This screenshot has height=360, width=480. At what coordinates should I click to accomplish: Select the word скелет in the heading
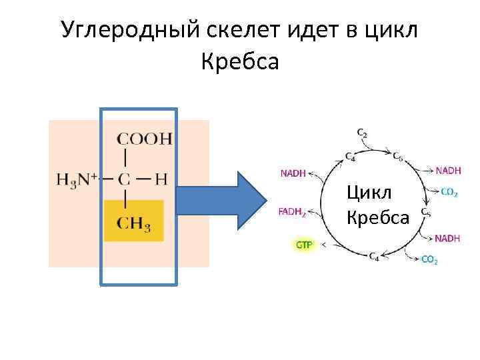tap(245, 29)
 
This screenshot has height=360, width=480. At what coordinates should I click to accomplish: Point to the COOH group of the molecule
tap(144, 139)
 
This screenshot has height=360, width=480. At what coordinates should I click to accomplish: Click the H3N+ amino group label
tap(77, 179)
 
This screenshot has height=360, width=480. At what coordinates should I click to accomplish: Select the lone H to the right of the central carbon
tap(160, 179)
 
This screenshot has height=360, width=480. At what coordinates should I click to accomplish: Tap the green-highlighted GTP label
tap(303, 245)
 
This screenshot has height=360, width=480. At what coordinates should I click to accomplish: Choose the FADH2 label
tap(292, 213)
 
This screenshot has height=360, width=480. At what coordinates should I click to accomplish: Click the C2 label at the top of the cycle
tap(362, 133)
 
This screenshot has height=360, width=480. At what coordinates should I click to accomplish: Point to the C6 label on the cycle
tap(397, 157)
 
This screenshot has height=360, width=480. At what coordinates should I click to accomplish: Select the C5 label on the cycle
tap(425, 213)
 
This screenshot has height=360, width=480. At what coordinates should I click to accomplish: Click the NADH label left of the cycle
tap(293, 173)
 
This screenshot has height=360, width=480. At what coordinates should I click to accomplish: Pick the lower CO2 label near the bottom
tap(429, 260)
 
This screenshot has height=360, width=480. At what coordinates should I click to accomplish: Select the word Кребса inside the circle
tap(377, 217)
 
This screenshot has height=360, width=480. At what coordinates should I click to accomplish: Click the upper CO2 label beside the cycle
tap(449, 193)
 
